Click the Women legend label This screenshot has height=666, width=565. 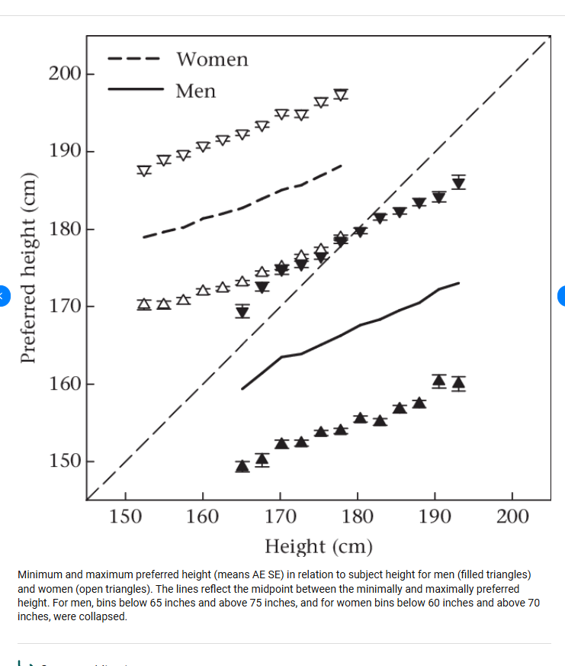(212, 60)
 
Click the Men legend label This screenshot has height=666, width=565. (196, 92)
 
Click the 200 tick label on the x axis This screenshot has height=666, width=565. (512, 517)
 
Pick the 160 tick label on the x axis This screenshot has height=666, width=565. (203, 517)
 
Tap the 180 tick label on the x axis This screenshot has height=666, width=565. (358, 517)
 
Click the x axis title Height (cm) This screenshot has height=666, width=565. (319, 546)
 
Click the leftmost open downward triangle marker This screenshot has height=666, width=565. (144, 171)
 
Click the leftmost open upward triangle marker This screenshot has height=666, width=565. (144, 304)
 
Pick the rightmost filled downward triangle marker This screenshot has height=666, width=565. (458, 183)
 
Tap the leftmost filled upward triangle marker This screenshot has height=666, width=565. (242, 465)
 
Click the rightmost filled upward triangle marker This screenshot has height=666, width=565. (458, 383)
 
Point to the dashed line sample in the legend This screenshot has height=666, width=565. (133, 59)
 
